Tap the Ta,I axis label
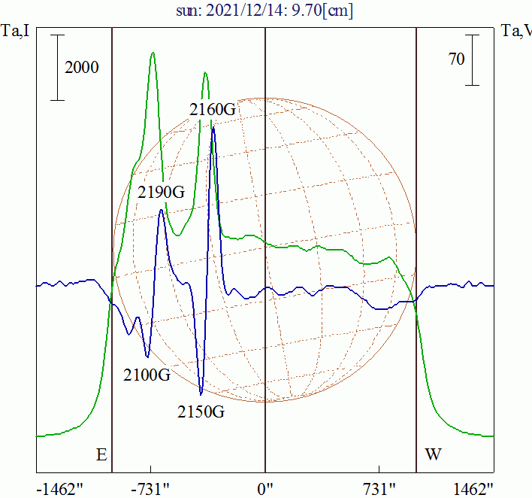(x=15, y=31)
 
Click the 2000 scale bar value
(x=82, y=68)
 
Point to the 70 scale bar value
(x=456, y=59)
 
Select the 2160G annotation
(x=213, y=110)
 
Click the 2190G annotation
(x=161, y=192)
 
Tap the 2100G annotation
(x=147, y=374)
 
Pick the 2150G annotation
(x=201, y=411)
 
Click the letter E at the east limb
(x=101, y=455)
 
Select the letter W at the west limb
(x=434, y=455)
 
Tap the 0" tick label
(x=265, y=488)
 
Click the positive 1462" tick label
(x=476, y=488)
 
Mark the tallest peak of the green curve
(x=153, y=53)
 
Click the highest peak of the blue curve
(x=213, y=129)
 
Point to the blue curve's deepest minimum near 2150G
(x=201, y=393)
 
